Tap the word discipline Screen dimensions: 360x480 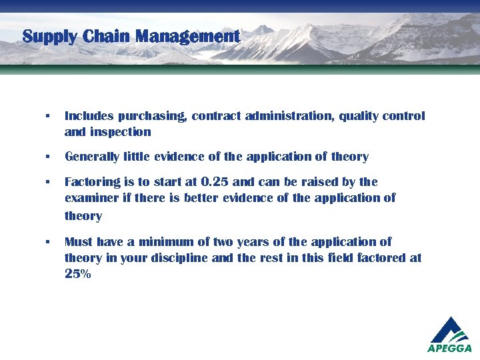point(177,258)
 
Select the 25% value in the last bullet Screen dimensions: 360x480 point(78,274)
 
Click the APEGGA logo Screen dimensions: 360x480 point(450,334)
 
